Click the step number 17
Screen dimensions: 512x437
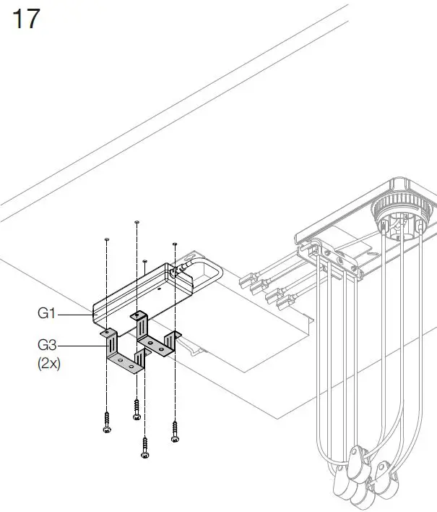click(x=26, y=19)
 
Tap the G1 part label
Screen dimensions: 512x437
click(x=47, y=315)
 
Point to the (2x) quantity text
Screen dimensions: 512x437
click(x=48, y=364)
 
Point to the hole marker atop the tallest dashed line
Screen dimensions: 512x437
click(x=137, y=222)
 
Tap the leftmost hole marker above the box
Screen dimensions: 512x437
click(x=107, y=237)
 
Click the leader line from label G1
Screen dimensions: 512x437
click(x=76, y=315)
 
